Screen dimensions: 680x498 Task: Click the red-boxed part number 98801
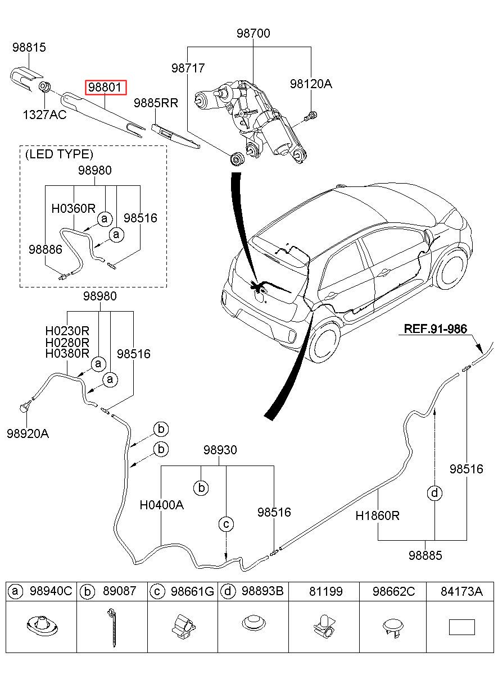point(106,88)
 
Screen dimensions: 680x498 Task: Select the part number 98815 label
point(29,48)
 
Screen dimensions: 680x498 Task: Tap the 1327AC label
point(44,115)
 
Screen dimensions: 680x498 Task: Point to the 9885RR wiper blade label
point(156,103)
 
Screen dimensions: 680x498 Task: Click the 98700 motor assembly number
point(253,34)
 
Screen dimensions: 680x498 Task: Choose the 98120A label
point(311,84)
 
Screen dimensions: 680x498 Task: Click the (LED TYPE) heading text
point(58,154)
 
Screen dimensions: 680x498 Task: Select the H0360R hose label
point(74,208)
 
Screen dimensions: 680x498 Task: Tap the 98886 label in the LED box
point(46,249)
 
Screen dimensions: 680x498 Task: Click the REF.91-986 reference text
point(436,329)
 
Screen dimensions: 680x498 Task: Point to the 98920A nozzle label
point(28,433)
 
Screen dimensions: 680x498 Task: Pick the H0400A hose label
point(162,504)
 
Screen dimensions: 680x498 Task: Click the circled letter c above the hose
point(225,524)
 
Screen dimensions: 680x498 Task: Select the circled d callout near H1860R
point(434,494)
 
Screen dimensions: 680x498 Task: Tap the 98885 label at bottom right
point(425,555)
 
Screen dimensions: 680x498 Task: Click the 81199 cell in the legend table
point(323,591)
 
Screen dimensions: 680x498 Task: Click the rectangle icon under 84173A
point(461,627)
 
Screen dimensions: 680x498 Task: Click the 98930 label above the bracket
point(220,450)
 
